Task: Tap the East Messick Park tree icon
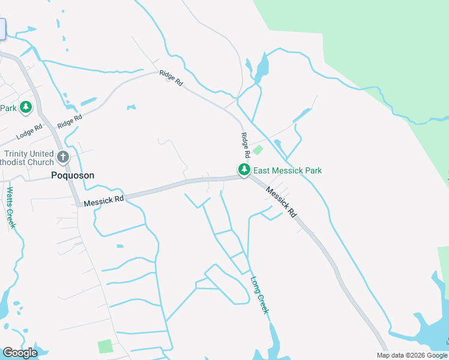tap(244, 170)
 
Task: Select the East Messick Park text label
tap(288, 170)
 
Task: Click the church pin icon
tap(64, 158)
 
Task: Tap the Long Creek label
tap(259, 294)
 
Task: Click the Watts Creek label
tap(10, 208)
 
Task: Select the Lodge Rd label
tap(30, 128)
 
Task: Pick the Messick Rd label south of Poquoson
tap(104, 199)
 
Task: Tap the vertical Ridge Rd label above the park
tap(245, 146)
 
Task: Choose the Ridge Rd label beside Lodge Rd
tap(69, 121)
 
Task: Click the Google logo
tap(20, 353)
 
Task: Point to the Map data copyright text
tap(412, 355)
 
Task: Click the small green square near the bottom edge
tap(105, 346)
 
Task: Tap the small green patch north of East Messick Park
tap(258, 150)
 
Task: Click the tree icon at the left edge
tap(25, 107)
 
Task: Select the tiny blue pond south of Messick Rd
tap(120, 246)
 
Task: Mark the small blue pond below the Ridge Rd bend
tap(131, 108)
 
